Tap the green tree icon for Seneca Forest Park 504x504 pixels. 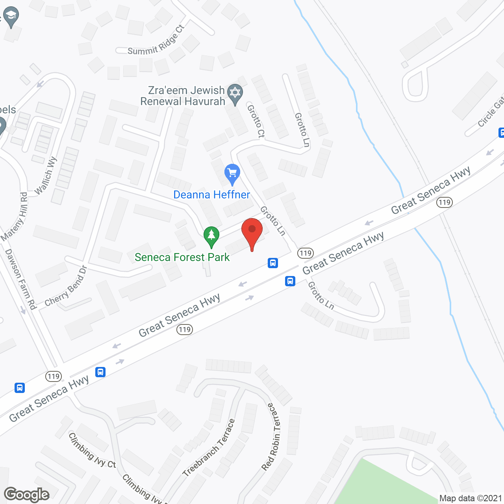click(x=211, y=236)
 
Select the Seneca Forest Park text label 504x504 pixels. click(x=182, y=258)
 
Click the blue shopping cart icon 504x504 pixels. click(x=232, y=173)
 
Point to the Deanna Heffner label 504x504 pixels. click(x=211, y=195)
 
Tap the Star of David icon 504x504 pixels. click(x=235, y=94)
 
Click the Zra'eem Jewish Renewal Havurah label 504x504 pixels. click(x=183, y=96)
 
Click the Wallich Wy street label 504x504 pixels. click(x=46, y=176)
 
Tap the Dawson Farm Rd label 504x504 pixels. click(x=20, y=279)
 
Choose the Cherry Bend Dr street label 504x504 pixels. click(x=66, y=286)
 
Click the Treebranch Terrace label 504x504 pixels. click(x=209, y=448)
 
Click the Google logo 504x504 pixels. click(x=27, y=495)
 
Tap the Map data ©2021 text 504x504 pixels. click(x=471, y=498)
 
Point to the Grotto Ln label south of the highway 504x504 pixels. click(x=321, y=296)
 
